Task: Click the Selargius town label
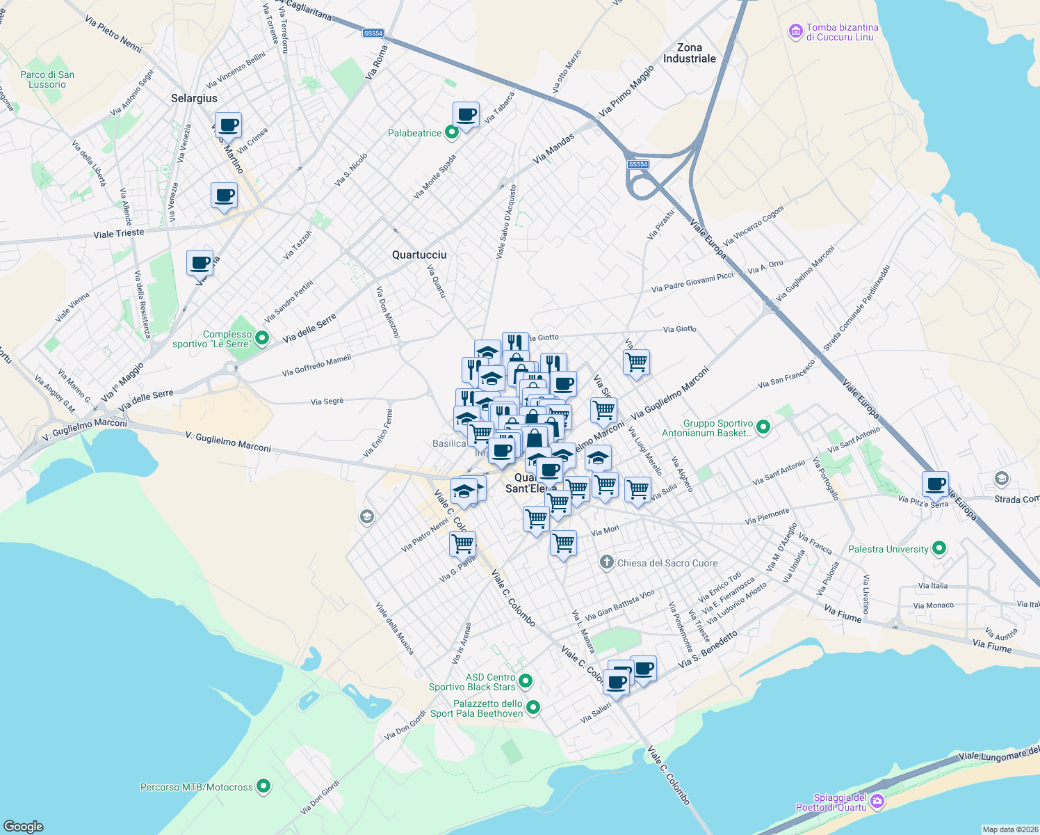click(x=194, y=99)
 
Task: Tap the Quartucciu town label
click(x=419, y=255)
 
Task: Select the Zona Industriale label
click(x=689, y=54)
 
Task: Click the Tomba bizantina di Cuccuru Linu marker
click(x=795, y=32)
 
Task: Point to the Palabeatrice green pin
click(x=452, y=132)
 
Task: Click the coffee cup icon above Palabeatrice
click(x=466, y=115)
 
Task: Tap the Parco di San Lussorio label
click(x=47, y=80)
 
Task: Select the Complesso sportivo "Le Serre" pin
click(x=262, y=338)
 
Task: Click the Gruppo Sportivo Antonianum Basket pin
click(x=763, y=427)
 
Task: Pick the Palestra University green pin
click(x=939, y=548)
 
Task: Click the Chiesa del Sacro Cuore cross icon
click(x=607, y=562)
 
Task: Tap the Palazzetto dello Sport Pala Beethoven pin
click(x=533, y=708)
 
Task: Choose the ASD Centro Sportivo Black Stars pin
click(x=526, y=681)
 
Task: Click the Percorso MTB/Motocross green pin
click(x=263, y=786)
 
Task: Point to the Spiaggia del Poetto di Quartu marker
click(x=877, y=802)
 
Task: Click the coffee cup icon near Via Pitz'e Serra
click(x=936, y=484)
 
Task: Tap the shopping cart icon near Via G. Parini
click(x=462, y=543)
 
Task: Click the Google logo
click(x=24, y=826)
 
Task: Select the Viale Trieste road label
click(x=119, y=234)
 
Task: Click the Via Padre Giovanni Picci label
click(x=692, y=282)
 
